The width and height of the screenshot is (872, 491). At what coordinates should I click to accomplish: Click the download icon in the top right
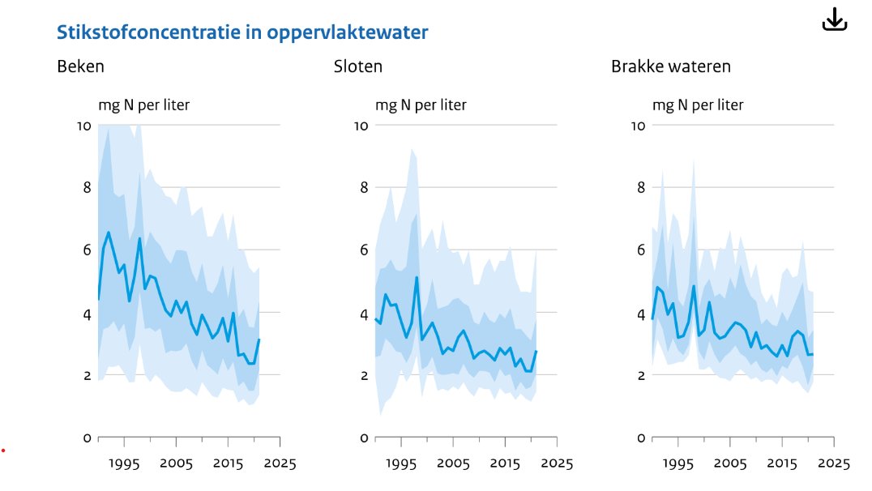pos(834,19)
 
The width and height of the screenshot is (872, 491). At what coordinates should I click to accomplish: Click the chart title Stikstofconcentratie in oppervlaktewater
pos(242,32)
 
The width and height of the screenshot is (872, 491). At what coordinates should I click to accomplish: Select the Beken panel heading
pos(80,66)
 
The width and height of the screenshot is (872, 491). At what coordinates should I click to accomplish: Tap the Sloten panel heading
pos(358,66)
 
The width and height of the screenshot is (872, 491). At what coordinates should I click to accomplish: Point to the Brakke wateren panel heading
pos(671,66)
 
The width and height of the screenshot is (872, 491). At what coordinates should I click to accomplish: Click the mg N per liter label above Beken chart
pos(144,105)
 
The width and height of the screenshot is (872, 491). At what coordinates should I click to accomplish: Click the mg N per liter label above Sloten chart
pos(421,105)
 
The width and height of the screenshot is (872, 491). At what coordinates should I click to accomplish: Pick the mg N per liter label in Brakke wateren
pos(699,105)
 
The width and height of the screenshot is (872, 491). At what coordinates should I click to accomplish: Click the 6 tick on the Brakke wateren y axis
pos(641,250)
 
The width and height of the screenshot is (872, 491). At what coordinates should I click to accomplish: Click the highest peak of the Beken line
pos(109,233)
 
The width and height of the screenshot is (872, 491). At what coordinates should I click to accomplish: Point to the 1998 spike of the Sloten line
pos(417,278)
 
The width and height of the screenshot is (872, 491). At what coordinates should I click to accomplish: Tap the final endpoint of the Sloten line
pos(536,351)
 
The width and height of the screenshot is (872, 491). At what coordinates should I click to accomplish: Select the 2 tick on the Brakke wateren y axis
pos(641,376)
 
